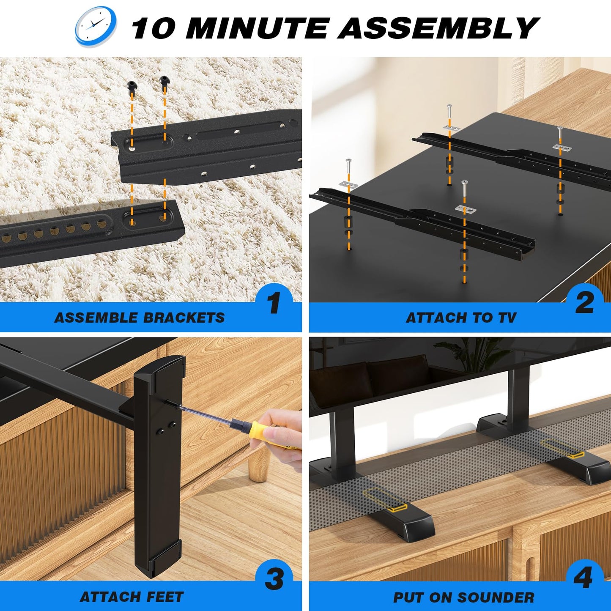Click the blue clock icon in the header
tap(96, 26)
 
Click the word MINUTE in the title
tap(257, 28)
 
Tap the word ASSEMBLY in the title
tap(438, 28)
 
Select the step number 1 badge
tap(274, 303)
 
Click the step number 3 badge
tap(274, 579)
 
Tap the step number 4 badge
tap(584, 578)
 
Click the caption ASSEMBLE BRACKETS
tap(140, 318)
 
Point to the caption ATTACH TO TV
tap(461, 318)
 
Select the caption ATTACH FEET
tap(132, 597)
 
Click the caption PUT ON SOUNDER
tap(463, 597)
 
